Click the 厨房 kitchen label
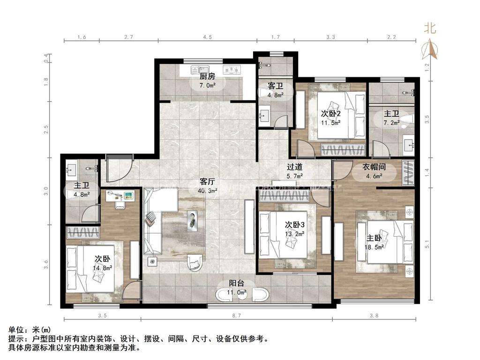pos(207,76)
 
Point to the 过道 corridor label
pos(294,167)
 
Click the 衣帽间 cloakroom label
pos(374,167)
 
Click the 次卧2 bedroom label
pos(331,113)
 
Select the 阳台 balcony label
pos(236,283)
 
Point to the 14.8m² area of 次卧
pos(102,269)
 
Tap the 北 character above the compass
pos(430,28)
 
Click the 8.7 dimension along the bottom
pos(236,316)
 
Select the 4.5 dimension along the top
pos(207,37)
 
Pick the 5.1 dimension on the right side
pos(426,244)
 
